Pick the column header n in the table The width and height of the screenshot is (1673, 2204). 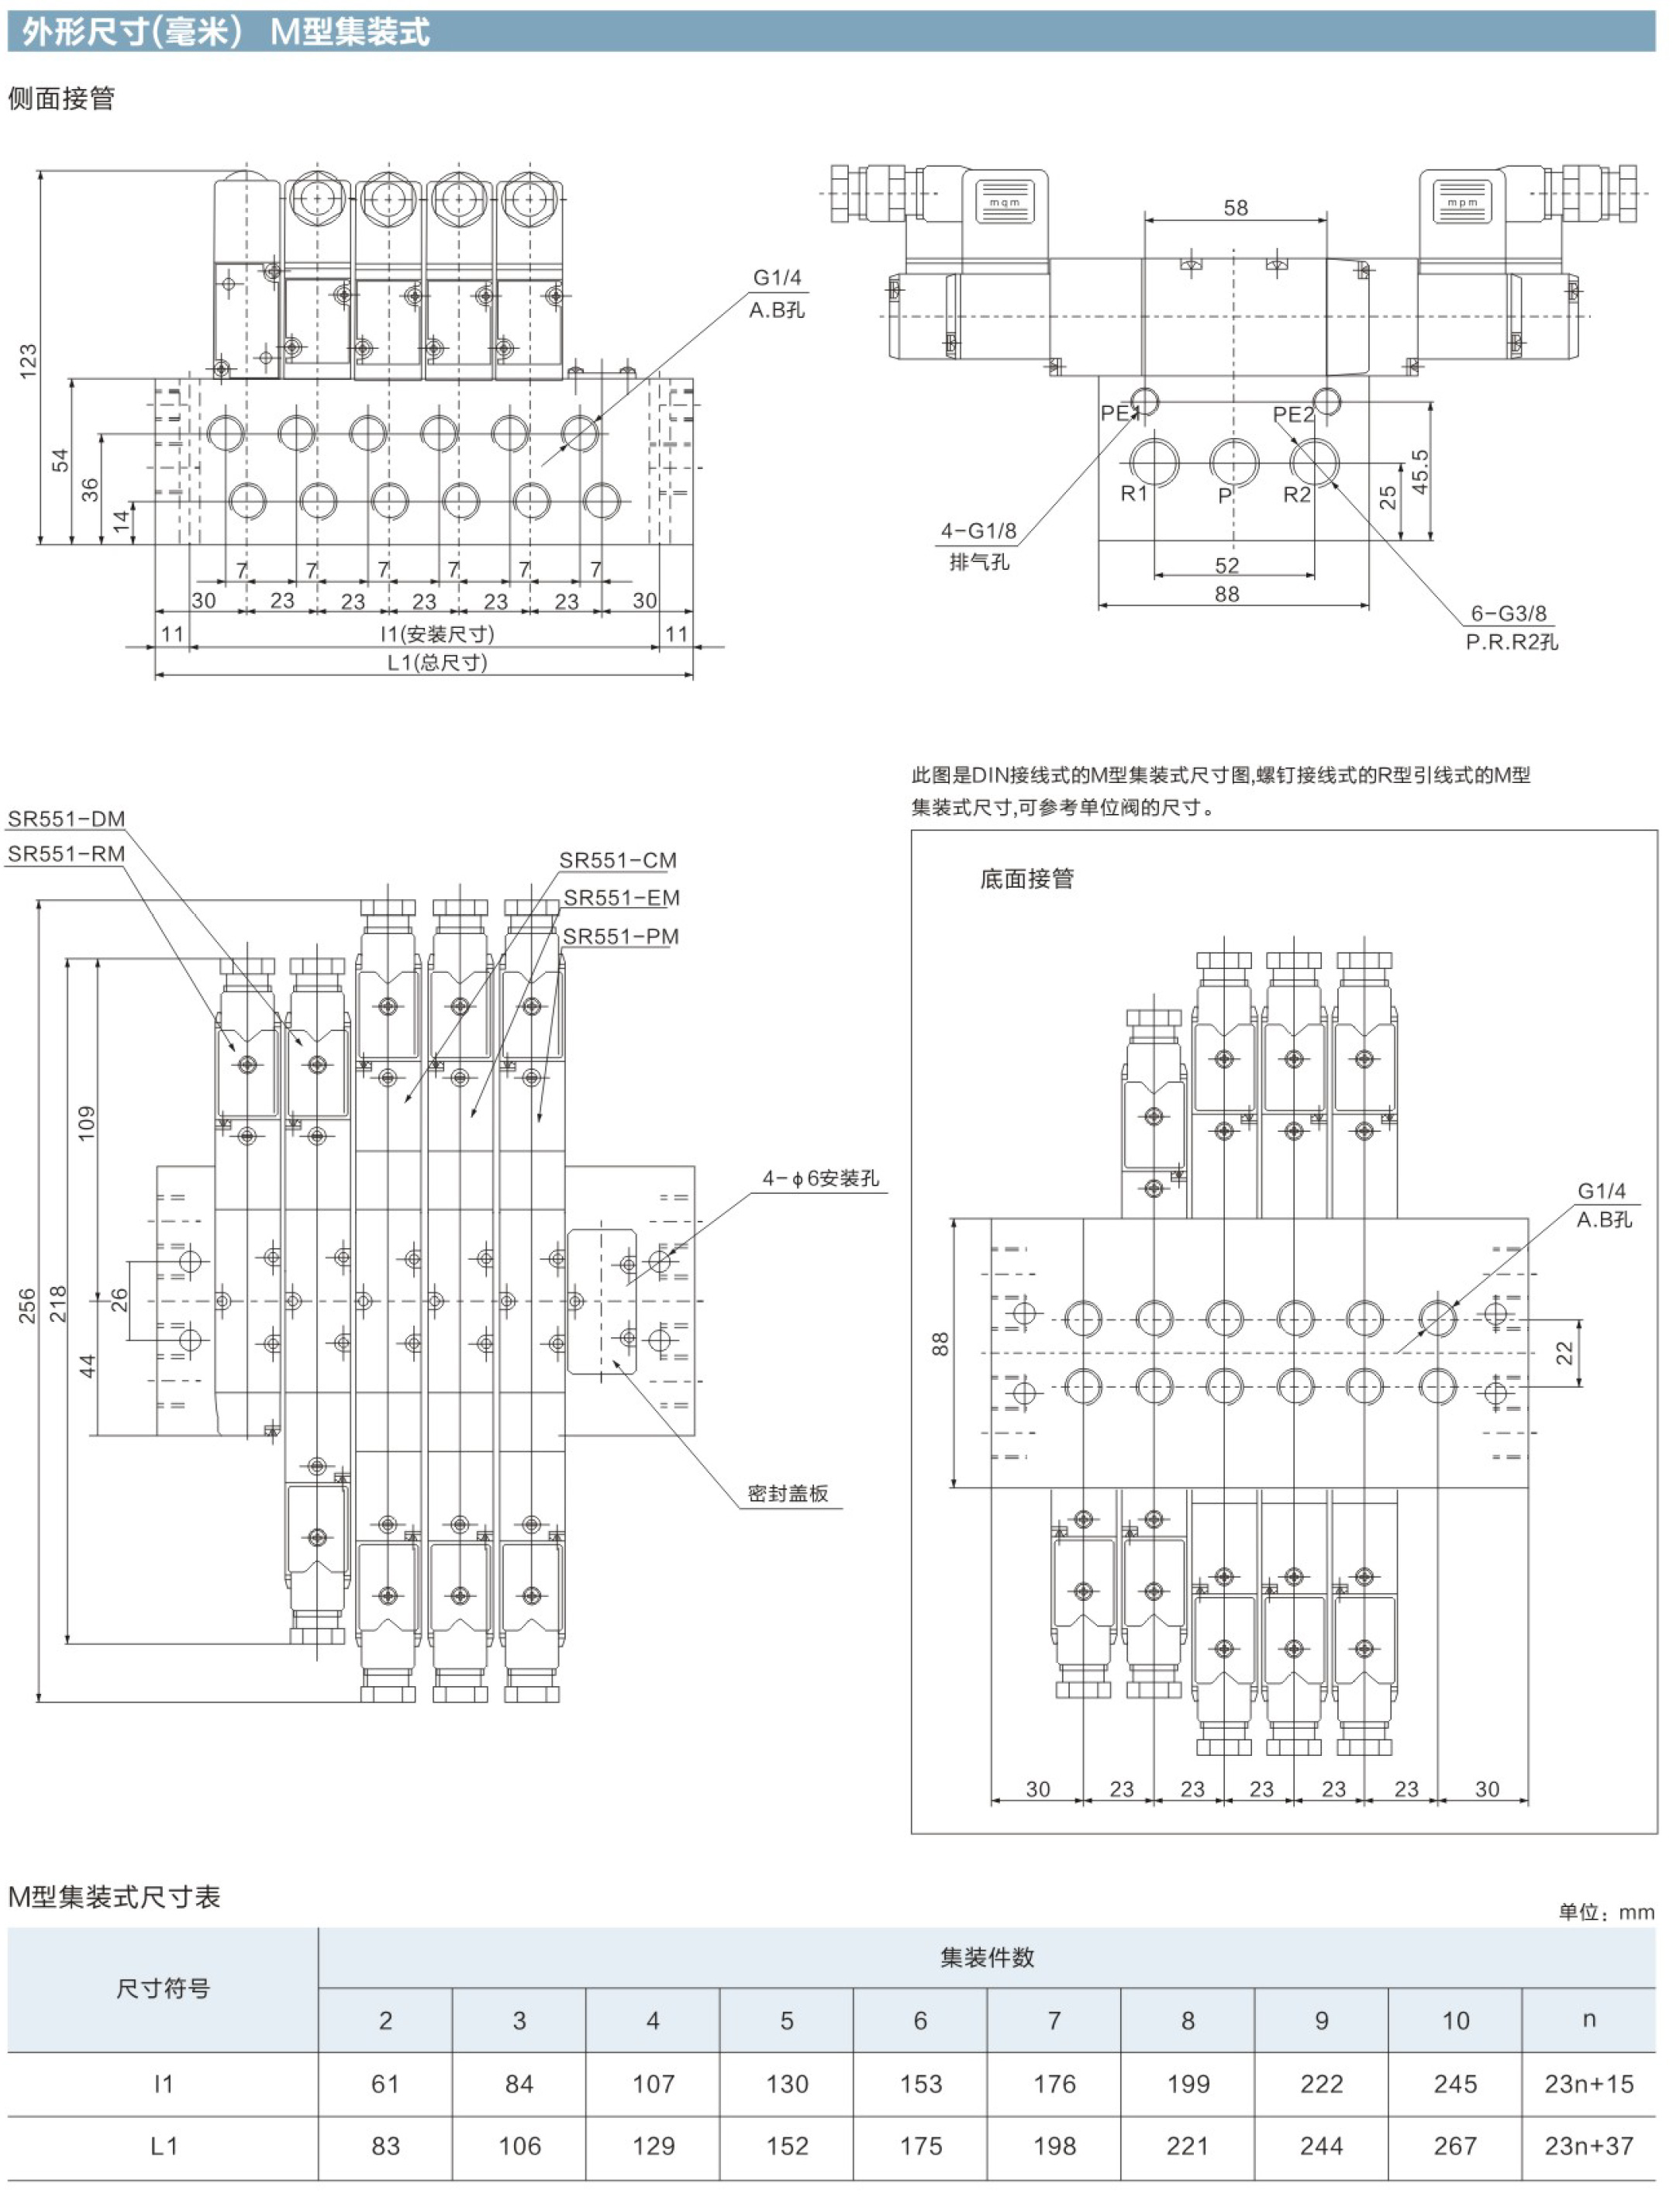1588,2019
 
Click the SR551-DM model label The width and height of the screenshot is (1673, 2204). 67,819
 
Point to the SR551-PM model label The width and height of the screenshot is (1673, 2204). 621,936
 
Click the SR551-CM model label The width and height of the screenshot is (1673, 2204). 618,860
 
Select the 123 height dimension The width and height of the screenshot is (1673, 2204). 28,360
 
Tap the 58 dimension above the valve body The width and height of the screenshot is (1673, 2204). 1236,207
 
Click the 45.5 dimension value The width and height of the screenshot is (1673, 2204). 1420,471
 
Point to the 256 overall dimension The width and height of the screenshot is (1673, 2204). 27,1305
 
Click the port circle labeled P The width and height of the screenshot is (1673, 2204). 1233,461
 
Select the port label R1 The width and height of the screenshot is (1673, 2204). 1134,493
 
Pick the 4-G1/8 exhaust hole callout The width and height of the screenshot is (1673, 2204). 978,531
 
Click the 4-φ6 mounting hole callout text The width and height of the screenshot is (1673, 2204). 821,1178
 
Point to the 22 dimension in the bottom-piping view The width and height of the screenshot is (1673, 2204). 1564,1353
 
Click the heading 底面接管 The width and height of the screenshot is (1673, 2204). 1027,878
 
